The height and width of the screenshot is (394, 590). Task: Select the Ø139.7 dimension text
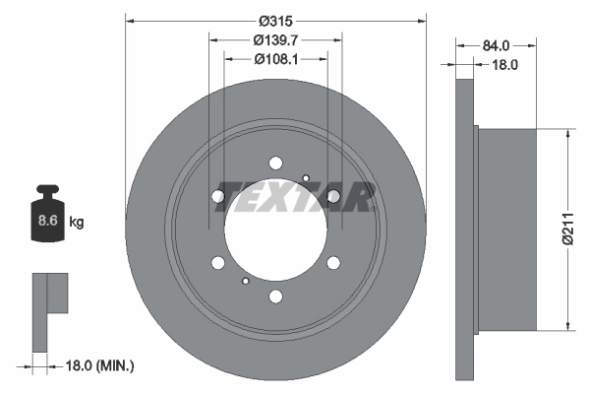pos(276,40)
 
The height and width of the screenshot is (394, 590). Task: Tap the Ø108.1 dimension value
pos(276,59)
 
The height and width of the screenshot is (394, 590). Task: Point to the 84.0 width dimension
pos(496,45)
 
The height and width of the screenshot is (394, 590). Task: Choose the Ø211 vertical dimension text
pos(568,229)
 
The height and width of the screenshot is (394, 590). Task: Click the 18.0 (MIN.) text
pos(98,365)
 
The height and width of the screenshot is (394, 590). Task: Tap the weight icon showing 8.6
pos(47,219)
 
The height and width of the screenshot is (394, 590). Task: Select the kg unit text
pos(77,223)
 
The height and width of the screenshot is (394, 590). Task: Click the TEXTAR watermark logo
pos(294,197)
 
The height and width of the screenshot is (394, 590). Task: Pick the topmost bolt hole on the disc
pos(275,163)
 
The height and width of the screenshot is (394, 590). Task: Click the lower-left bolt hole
pos(217,262)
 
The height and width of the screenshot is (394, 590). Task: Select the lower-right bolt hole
pos(333,262)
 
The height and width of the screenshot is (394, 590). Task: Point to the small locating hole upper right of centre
pos(307,178)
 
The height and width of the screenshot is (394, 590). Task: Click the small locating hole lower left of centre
pos(244,281)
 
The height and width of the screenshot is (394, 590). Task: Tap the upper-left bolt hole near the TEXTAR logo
pos(218,196)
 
